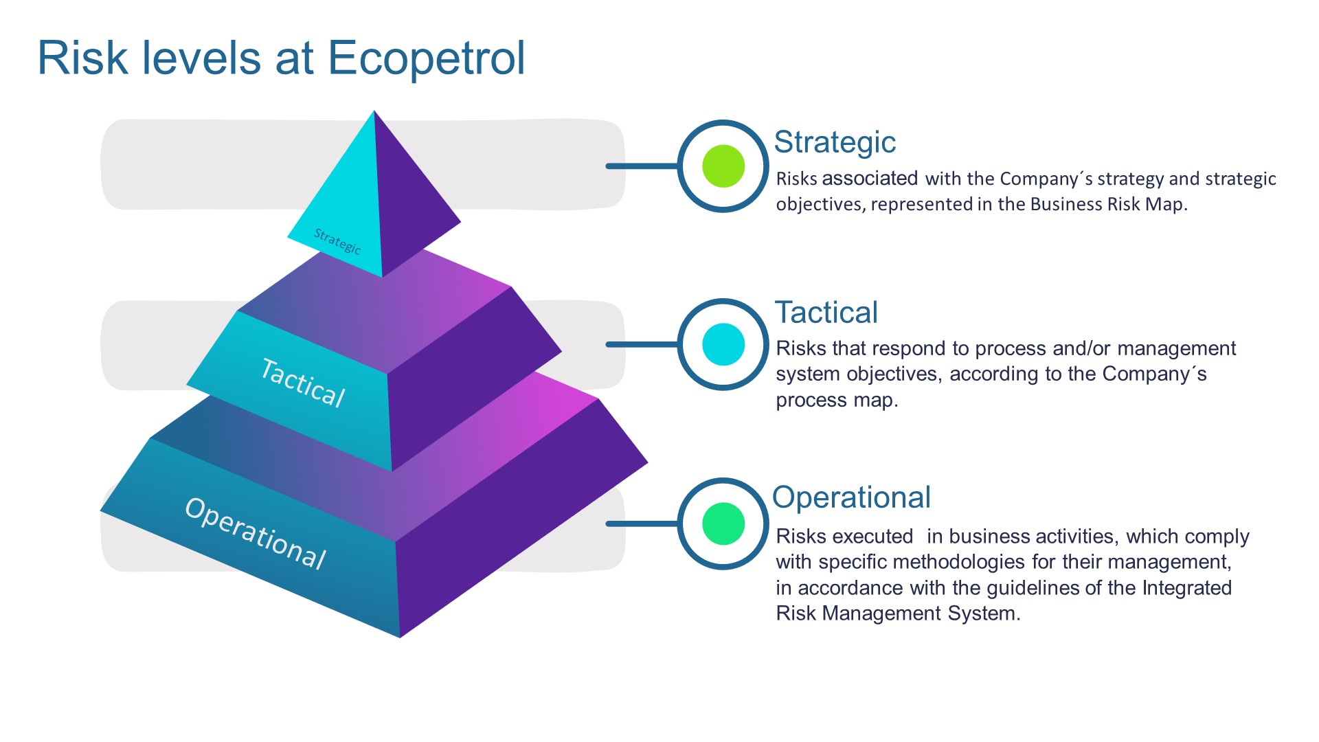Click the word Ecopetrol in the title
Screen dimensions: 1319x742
coord(426,59)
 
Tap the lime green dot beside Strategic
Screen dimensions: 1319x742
coord(723,166)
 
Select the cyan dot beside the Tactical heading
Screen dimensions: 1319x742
coord(723,344)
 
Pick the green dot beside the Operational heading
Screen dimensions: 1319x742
coord(723,524)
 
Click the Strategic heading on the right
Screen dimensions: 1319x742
coord(835,143)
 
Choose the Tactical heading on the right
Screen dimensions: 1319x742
coord(826,313)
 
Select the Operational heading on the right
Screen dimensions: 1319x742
coord(851,497)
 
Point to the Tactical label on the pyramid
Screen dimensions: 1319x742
coord(303,383)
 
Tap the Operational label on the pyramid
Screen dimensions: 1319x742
coord(256,533)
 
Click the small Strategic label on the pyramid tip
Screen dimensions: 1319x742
coord(337,240)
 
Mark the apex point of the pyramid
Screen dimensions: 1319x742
coord(374,111)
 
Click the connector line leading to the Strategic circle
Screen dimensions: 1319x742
coord(642,166)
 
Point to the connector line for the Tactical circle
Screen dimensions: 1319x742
coord(642,344)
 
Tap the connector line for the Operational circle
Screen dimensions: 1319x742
coord(642,524)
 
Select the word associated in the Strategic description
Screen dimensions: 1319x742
coord(870,179)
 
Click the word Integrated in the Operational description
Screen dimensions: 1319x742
coord(1187,588)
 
